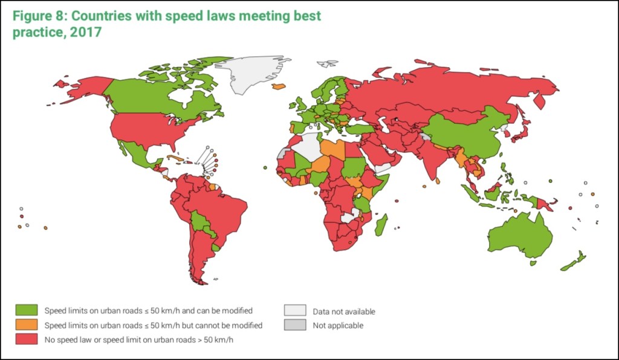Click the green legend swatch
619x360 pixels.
(x=28, y=310)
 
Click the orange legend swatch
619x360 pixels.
(x=28, y=325)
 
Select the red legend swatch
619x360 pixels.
(x=28, y=339)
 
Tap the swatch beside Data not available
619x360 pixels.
(x=294, y=311)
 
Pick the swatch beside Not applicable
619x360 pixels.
(x=294, y=326)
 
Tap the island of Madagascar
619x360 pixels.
(x=381, y=227)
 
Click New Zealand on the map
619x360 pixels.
(x=575, y=262)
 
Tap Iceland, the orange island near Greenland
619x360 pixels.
(x=279, y=86)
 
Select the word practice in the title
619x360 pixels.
(x=37, y=31)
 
